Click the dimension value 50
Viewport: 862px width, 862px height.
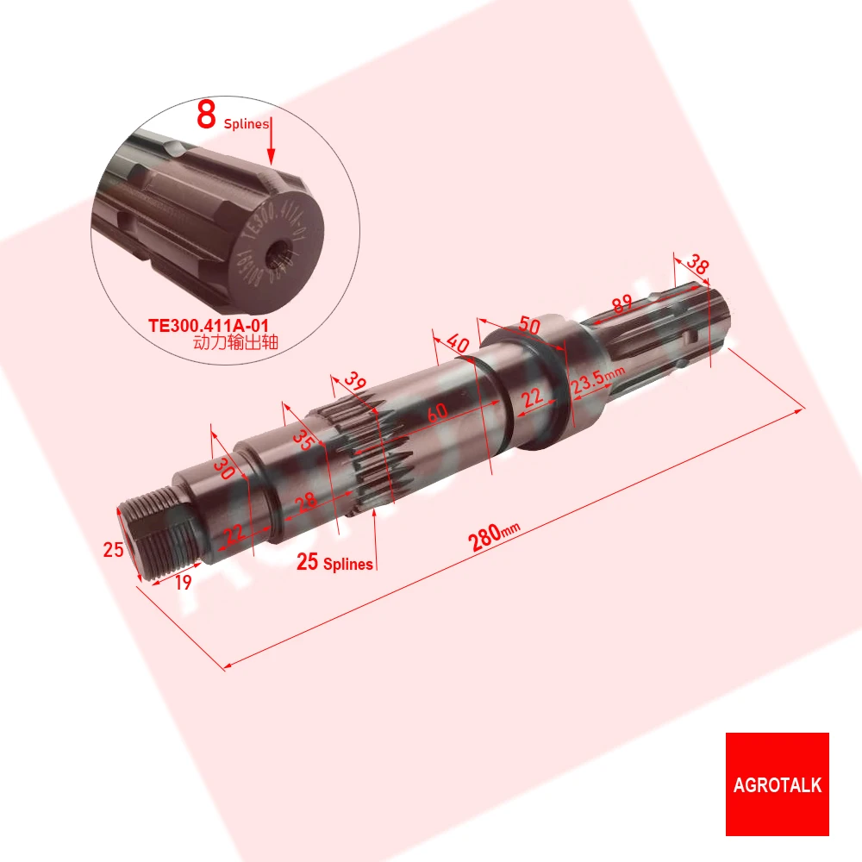pos(529,328)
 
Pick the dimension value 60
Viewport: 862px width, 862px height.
pos(438,414)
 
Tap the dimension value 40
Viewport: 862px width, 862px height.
pos(459,344)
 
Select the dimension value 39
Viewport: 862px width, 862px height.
pos(353,381)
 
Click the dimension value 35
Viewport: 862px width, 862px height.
pos(302,438)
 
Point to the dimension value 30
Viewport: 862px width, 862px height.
pos(224,468)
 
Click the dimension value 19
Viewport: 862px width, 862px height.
pos(182,582)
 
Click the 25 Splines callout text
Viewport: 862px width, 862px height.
pos(334,564)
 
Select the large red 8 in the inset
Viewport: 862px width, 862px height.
pos(206,115)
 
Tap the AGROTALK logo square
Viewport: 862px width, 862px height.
pos(777,784)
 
